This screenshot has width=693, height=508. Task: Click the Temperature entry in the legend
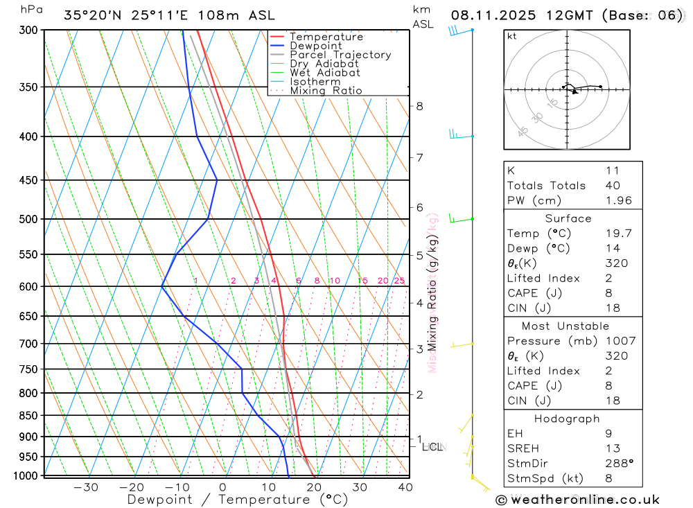[326, 37]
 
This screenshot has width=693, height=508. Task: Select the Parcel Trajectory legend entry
[340, 55]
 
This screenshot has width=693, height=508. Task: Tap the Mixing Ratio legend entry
[326, 91]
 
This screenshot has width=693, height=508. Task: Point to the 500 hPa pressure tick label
[28, 219]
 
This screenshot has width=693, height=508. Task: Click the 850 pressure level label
[28, 416]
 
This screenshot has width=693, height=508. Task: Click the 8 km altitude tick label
[419, 106]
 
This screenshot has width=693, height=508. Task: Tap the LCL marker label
[432, 447]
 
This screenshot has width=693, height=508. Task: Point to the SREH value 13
[612, 448]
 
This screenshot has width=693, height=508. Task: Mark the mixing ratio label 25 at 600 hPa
[399, 281]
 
